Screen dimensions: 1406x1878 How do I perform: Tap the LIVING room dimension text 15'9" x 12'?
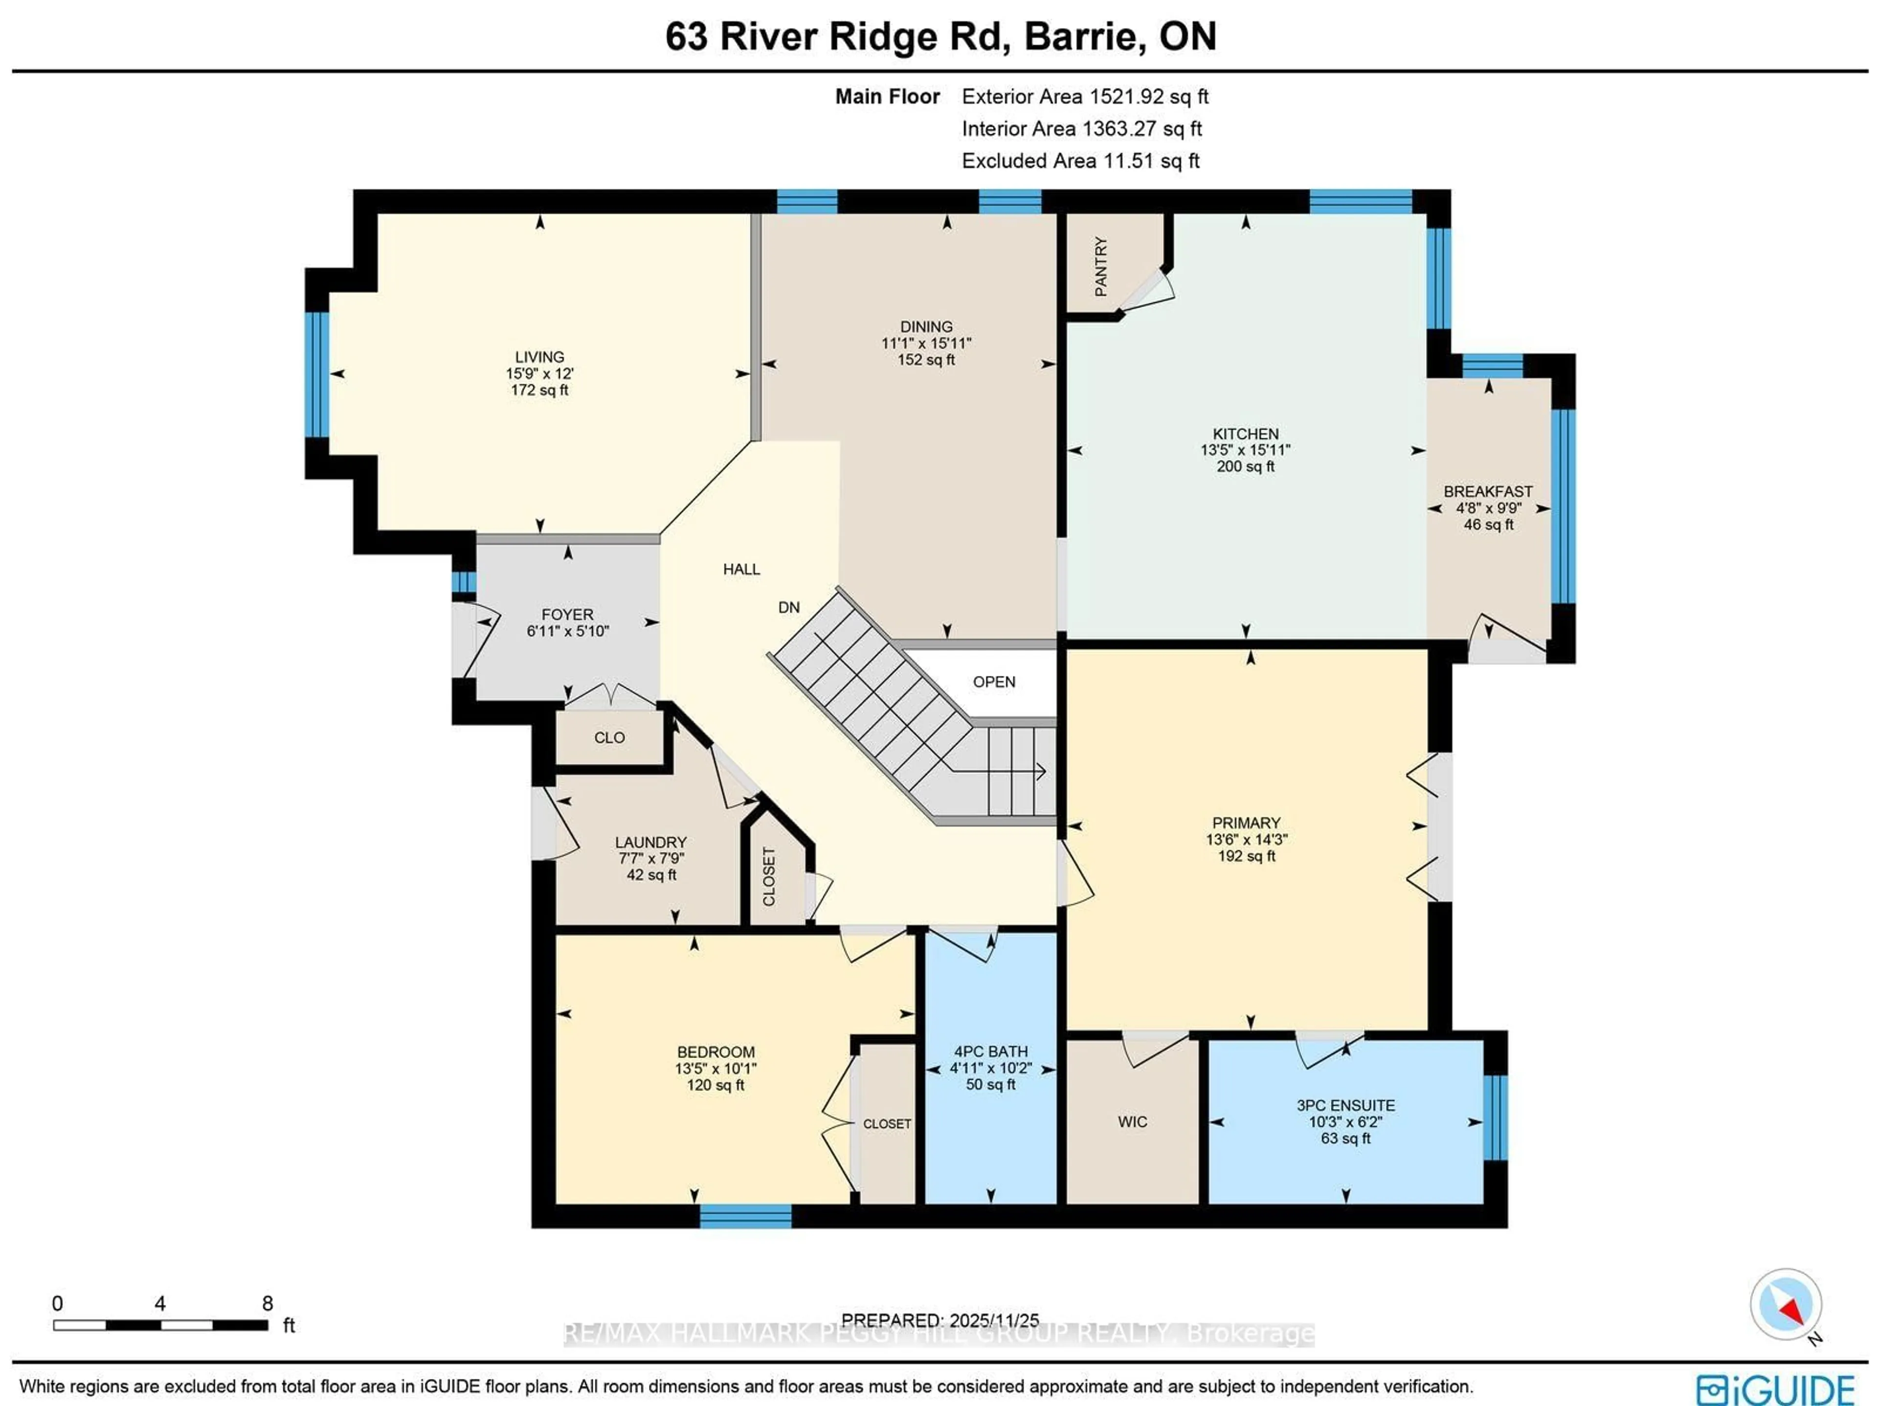click(x=540, y=374)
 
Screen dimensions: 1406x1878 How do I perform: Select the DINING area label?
click(x=926, y=327)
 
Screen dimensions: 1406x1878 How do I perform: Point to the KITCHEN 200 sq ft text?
click(x=1246, y=466)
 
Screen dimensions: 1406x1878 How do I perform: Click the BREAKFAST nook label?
click(x=1488, y=491)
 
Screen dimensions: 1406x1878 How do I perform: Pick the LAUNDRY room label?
click(x=650, y=842)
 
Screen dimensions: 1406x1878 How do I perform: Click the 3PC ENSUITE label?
click(x=1346, y=1105)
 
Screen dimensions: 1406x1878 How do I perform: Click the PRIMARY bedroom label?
click(x=1246, y=823)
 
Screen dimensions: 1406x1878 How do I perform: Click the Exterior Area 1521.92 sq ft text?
click(x=1085, y=97)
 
